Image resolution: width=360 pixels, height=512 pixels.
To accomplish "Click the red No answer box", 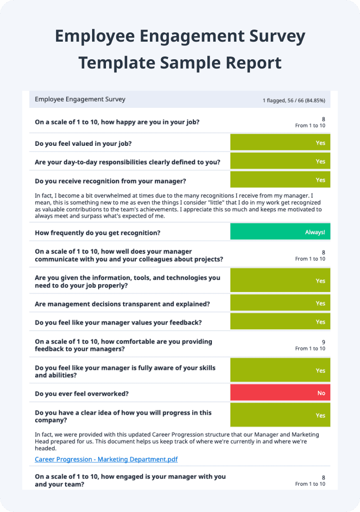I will pyautogui.click(x=280, y=393).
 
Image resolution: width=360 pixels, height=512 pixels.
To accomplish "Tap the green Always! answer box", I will pyautogui.click(x=280, y=232).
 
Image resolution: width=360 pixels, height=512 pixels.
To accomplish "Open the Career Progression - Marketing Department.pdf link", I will pyautogui.click(x=106, y=459).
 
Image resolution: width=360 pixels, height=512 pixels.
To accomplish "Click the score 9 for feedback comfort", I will pyautogui.click(x=323, y=342).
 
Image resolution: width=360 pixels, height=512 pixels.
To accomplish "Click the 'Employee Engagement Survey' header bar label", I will pyautogui.click(x=80, y=99).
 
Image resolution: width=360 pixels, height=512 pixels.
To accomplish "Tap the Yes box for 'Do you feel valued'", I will pyautogui.click(x=280, y=143).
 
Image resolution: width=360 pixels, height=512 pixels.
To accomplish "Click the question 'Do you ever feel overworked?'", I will pyautogui.click(x=81, y=393).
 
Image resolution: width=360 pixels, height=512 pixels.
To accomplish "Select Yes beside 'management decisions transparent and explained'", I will pyautogui.click(x=280, y=303).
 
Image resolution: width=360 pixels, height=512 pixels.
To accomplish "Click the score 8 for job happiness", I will pyautogui.click(x=323, y=119).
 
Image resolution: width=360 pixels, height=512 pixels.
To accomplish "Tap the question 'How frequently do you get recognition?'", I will pyautogui.click(x=98, y=232).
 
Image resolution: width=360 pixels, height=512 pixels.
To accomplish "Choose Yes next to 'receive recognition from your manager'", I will pyautogui.click(x=280, y=180).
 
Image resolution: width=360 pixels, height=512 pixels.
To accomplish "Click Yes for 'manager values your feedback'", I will pyautogui.click(x=280, y=322).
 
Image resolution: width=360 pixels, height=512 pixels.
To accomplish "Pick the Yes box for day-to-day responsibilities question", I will pyautogui.click(x=280, y=161).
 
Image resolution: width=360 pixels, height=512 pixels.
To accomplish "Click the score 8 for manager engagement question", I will pyautogui.click(x=323, y=477).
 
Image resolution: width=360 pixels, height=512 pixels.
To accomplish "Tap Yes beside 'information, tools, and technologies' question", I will pyautogui.click(x=280, y=281).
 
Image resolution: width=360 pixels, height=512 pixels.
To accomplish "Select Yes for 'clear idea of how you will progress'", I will pyautogui.click(x=280, y=415).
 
